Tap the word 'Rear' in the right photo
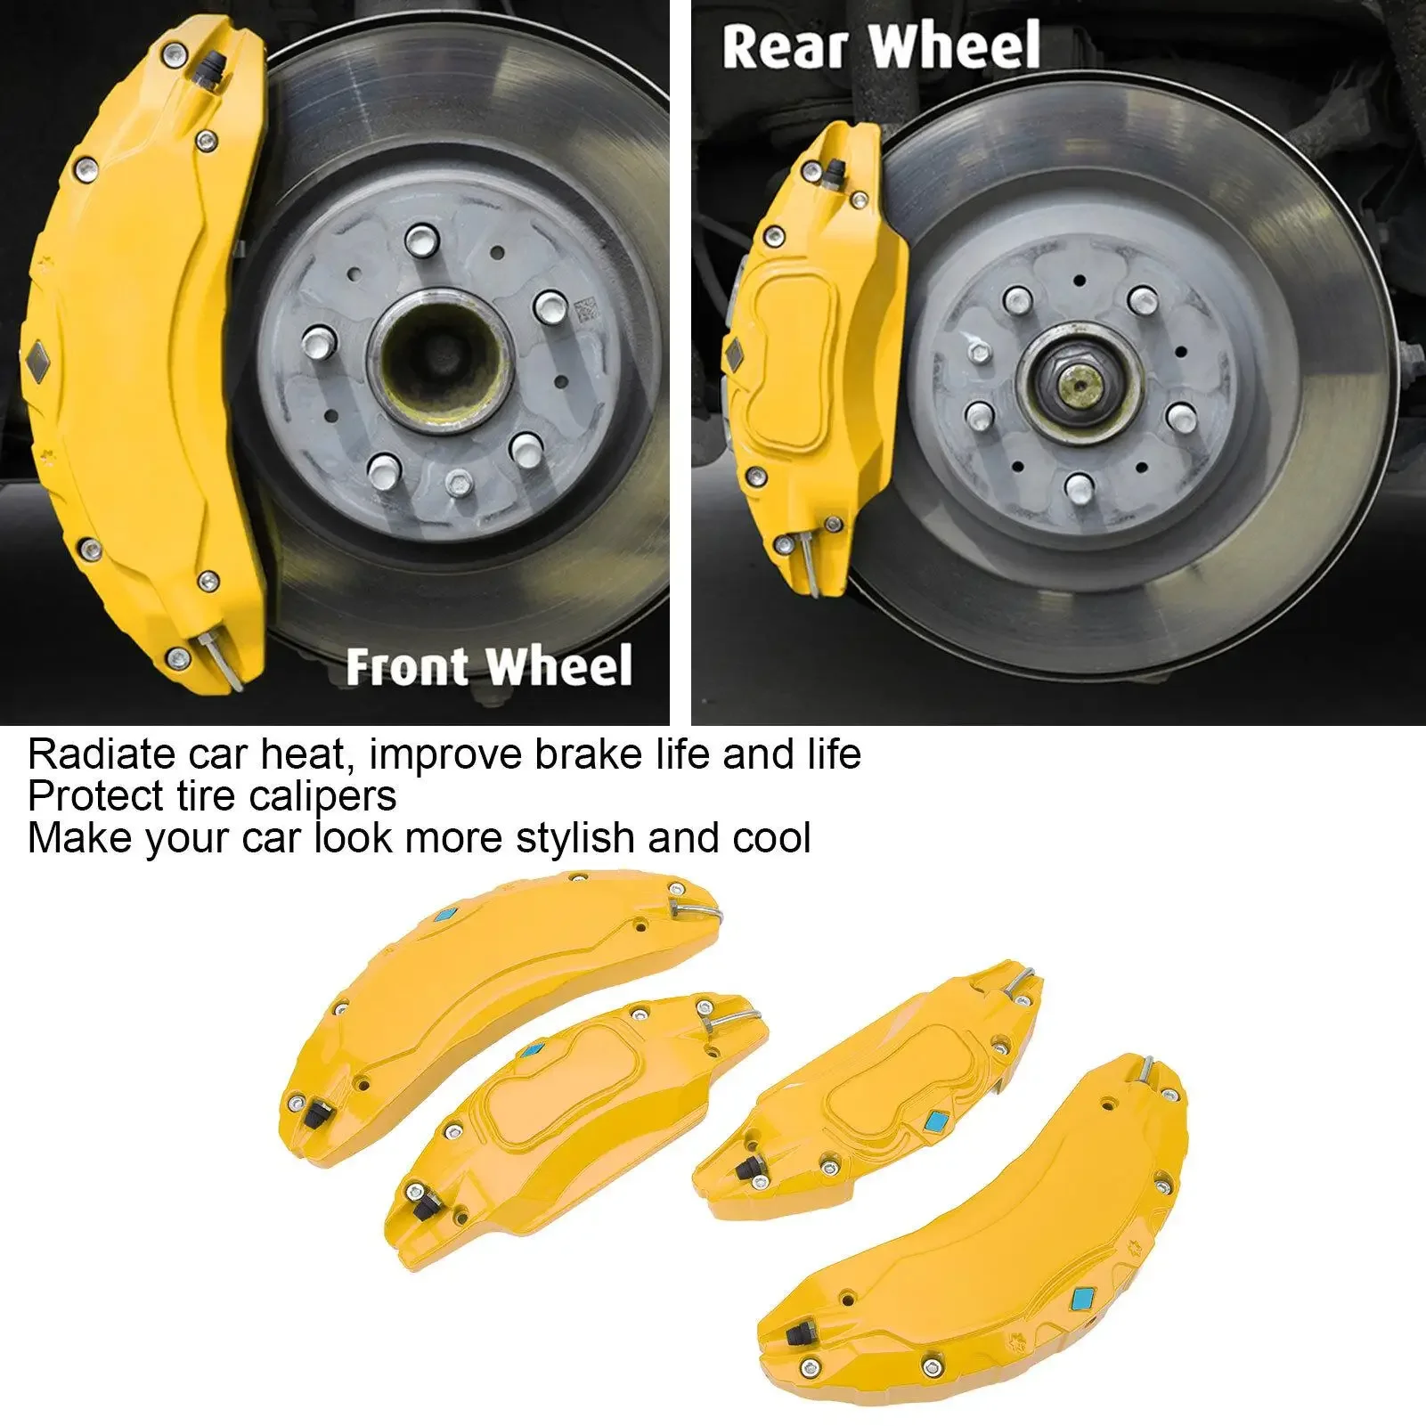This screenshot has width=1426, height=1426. [781, 47]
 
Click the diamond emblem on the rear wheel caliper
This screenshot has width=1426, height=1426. [737, 354]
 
